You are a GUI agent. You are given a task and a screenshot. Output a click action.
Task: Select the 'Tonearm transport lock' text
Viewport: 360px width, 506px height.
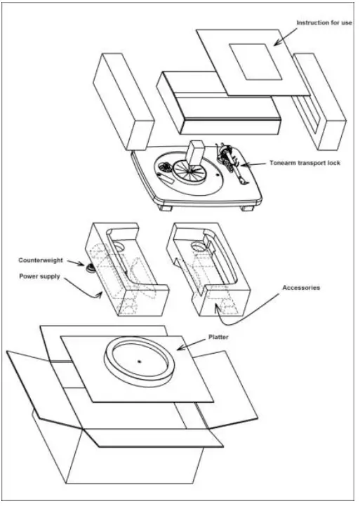[305, 163]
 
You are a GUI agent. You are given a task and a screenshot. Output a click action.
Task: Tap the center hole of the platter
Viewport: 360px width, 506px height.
[140, 361]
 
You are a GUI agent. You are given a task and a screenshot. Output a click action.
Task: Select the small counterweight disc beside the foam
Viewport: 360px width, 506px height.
[90, 268]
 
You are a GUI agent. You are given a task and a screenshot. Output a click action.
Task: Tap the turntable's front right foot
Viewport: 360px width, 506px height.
[246, 208]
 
